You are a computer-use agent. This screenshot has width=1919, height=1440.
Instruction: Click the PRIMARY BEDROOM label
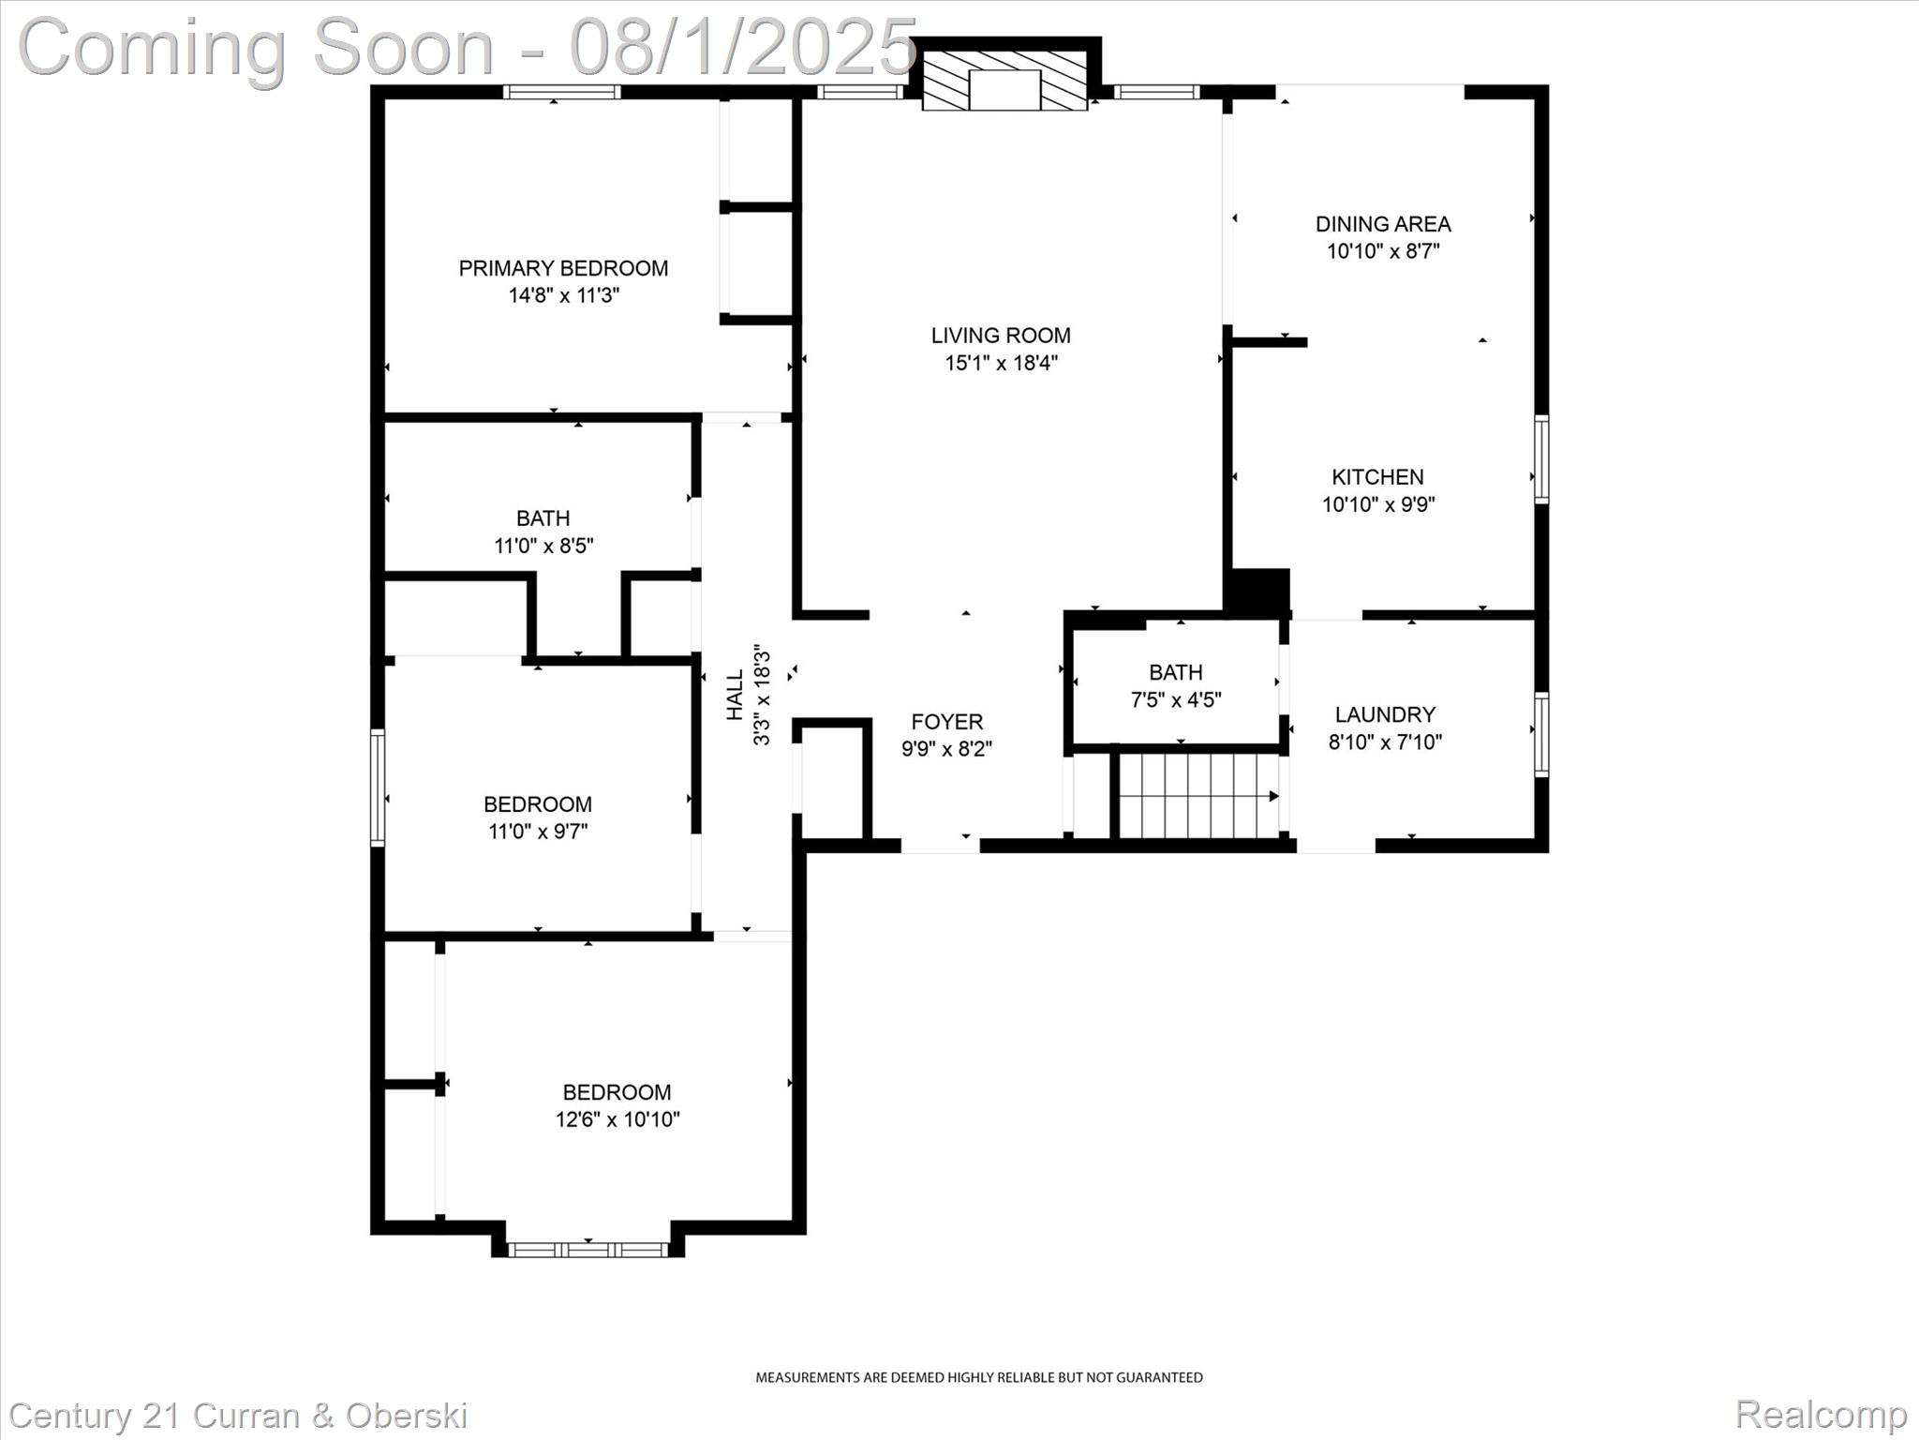tap(563, 268)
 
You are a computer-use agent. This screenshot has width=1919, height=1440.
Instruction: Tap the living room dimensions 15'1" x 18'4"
tap(1001, 363)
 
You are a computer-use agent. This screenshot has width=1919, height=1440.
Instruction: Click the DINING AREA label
tap(1383, 224)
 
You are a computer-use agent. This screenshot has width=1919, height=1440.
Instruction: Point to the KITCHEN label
tap(1377, 477)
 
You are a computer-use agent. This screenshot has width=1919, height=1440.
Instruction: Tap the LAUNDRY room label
tap(1385, 715)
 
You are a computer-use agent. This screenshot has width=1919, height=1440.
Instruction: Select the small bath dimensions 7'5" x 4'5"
tap(1175, 699)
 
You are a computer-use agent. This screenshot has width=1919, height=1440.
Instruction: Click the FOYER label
tap(947, 722)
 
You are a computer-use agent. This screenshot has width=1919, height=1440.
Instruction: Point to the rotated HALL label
tap(736, 696)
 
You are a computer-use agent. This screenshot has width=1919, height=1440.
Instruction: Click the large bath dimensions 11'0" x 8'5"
tap(543, 546)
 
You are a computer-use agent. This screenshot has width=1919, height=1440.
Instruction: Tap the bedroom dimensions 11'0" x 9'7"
tap(538, 831)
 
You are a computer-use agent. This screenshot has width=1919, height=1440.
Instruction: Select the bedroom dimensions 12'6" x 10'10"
tap(617, 1119)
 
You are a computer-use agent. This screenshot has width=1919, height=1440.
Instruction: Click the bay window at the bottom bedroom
tap(588, 1250)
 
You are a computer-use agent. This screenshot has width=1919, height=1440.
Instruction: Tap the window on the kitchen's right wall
tap(1540, 459)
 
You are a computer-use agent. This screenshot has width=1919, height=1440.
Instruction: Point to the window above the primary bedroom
tap(561, 92)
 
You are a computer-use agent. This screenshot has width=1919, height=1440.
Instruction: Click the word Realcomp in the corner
tap(1821, 1414)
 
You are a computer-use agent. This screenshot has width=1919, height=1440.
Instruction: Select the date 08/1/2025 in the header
tap(742, 47)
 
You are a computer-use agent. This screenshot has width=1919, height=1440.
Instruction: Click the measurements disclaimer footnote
tap(979, 1377)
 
